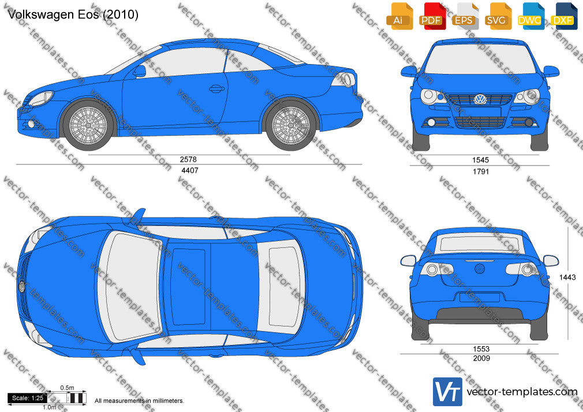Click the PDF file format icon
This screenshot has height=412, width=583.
tap(431, 16)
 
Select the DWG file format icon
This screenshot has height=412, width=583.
tap(529, 16)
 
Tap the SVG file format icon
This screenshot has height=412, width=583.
tap(497, 16)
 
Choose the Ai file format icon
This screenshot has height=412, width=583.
tap(399, 16)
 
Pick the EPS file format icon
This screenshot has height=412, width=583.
tap(464, 16)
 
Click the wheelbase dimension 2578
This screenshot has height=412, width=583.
tap(188, 159)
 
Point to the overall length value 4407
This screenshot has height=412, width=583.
tap(190, 170)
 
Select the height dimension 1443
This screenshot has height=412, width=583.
tap(567, 277)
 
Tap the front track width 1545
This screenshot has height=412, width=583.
tap(480, 160)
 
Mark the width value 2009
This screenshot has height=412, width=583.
tap(481, 358)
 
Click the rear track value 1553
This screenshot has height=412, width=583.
tap(481, 349)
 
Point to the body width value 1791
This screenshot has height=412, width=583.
tap(481, 171)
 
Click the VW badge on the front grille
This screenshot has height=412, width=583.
tap(480, 99)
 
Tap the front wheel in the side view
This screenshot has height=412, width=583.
tap(88, 125)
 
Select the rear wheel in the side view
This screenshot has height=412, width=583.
tap(291, 125)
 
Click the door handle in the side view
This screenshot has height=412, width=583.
tap(216, 88)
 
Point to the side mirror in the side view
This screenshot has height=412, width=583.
tap(140, 71)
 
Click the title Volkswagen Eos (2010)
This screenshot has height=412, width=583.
tap(73, 14)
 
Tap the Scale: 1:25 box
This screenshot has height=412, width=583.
tap(28, 398)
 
